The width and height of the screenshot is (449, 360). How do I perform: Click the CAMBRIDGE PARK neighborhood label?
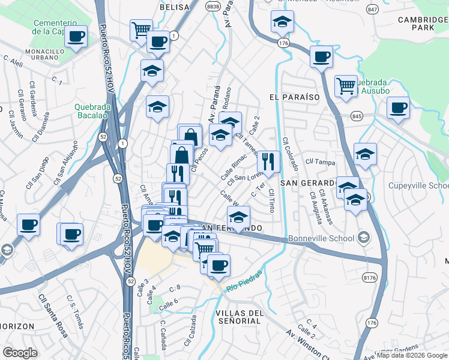point(423,23)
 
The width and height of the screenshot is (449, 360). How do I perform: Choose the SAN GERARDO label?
point(307,182)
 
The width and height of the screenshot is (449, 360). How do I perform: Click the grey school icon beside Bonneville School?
point(363,238)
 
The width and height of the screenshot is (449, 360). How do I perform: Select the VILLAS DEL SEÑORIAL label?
point(238,317)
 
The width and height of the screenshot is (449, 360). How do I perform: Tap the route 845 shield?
point(357,116)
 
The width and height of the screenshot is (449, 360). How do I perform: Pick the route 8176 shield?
point(370,278)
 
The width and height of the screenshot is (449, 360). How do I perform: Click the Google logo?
point(20,353)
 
